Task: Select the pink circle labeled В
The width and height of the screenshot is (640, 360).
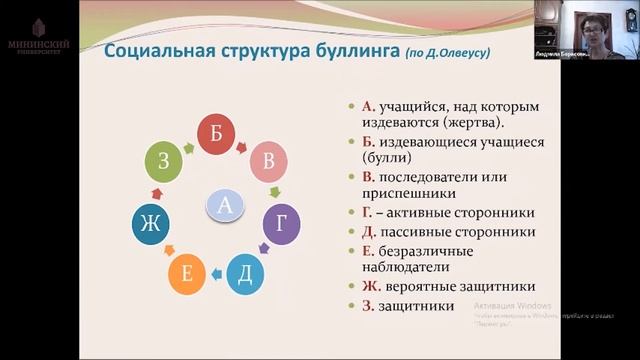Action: click(267, 161)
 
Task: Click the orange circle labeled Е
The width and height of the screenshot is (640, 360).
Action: click(187, 274)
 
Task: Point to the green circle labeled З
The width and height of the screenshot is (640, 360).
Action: click(164, 161)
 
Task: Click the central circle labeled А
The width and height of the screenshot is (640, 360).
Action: click(225, 206)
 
